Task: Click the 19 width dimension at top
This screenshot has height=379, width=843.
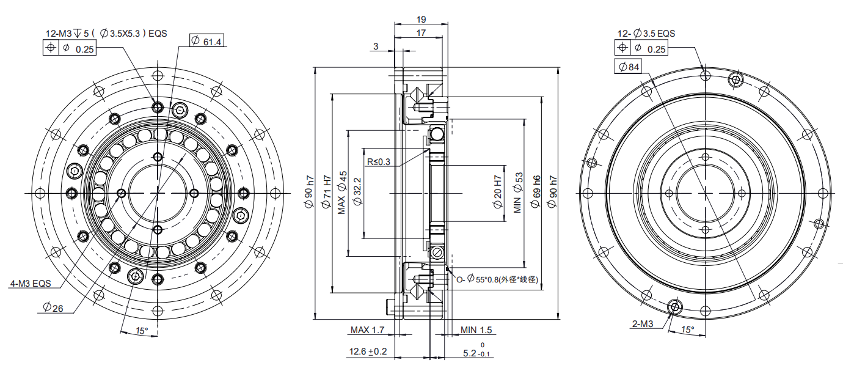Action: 421,19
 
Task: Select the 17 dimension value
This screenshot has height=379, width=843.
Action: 421,33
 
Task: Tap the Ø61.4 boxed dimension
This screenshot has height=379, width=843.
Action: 206,41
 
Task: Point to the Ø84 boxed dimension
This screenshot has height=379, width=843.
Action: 629,67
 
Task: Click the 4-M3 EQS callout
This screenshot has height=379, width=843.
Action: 31,283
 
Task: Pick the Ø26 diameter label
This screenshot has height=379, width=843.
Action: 53,308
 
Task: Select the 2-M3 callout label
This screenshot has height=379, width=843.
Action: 643,323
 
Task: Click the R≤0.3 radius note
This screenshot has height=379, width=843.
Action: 379,161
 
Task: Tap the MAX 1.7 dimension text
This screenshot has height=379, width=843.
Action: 367,330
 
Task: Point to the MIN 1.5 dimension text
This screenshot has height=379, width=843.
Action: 476,330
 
